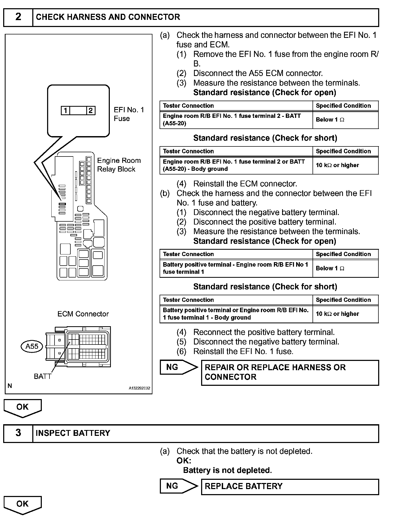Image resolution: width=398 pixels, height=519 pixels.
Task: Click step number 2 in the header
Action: click(18, 17)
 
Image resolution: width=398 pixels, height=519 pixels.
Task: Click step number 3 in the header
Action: click(18, 433)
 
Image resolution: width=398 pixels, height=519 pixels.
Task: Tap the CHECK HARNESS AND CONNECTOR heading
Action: click(108, 17)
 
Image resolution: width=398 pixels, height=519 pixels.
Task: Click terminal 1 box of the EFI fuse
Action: click(65, 110)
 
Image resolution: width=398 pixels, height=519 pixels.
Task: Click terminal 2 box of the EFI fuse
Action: click(91, 110)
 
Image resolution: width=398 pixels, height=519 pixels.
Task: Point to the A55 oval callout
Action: click(32, 346)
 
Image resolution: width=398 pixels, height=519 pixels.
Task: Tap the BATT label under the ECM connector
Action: click(42, 376)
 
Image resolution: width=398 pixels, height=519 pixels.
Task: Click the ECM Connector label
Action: click(83, 314)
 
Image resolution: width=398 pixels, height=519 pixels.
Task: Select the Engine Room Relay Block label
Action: click(119, 165)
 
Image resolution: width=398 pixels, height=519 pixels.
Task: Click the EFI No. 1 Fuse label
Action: click(129, 114)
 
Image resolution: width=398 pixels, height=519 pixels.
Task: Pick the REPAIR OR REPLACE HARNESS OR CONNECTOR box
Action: click(290, 372)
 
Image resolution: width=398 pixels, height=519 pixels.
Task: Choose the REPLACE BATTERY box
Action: click(290, 486)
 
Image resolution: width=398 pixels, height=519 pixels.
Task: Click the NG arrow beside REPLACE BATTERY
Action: click(179, 486)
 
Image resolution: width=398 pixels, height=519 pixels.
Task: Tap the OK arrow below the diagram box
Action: click(22, 408)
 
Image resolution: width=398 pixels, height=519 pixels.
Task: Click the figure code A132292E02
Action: click(139, 388)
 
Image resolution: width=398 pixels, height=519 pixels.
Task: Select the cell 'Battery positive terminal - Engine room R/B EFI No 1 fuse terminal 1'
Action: click(236, 268)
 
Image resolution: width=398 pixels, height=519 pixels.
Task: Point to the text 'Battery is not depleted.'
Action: click(228, 470)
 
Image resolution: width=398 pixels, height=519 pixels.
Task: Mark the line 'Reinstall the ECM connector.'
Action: click(245, 184)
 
